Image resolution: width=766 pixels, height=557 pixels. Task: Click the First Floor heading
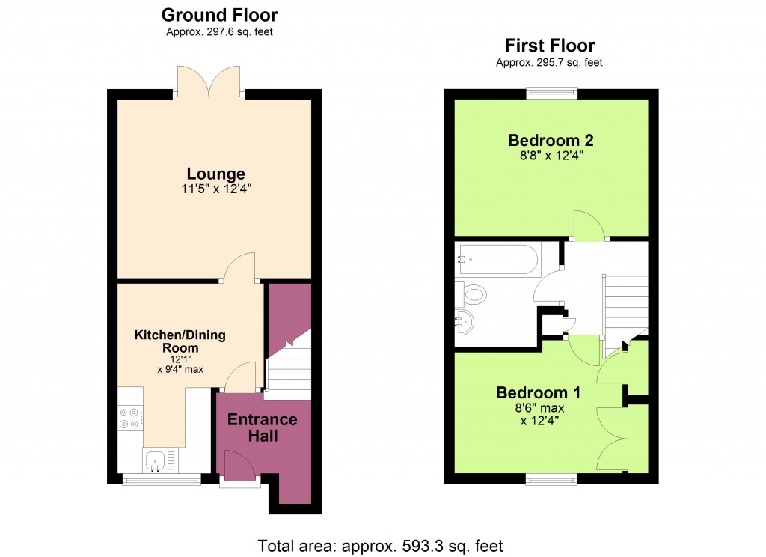tap(550, 46)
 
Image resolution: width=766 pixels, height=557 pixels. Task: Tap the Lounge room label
tap(215, 174)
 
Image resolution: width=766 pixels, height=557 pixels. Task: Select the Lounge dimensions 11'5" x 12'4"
tap(215, 189)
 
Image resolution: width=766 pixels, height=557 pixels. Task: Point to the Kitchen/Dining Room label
tap(180, 341)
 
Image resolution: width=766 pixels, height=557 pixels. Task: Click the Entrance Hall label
tap(262, 427)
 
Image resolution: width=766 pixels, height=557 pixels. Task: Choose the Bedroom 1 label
tap(538, 393)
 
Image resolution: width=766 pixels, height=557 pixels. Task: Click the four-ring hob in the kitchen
tap(129, 417)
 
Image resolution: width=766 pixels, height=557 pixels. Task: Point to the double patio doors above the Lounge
tap(209, 81)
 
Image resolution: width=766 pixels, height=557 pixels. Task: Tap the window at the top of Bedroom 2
tap(551, 94)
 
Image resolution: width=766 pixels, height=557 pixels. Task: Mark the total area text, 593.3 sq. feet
tap(380, 545)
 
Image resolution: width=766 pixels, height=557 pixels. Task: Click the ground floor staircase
tap(289, 367)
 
